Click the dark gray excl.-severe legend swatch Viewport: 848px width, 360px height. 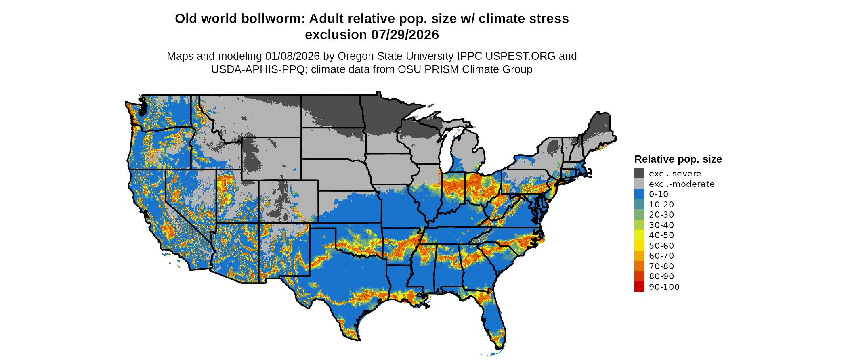pyautogui.click(x=639, y=174)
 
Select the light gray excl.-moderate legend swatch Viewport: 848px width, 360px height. pyautogui.click(x=639, y=184)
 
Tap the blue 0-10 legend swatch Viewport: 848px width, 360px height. pyautogui.click(x=639, y=194)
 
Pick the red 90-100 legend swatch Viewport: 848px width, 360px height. pyautogui.click(x=639, y=287)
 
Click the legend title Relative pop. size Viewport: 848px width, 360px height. pyautogui.click(x=678, y=159)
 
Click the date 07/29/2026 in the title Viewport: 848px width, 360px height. pyautogui.click(x=405, y=35)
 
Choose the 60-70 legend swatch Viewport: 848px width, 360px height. pyautogui.click(x=639, y=256)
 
